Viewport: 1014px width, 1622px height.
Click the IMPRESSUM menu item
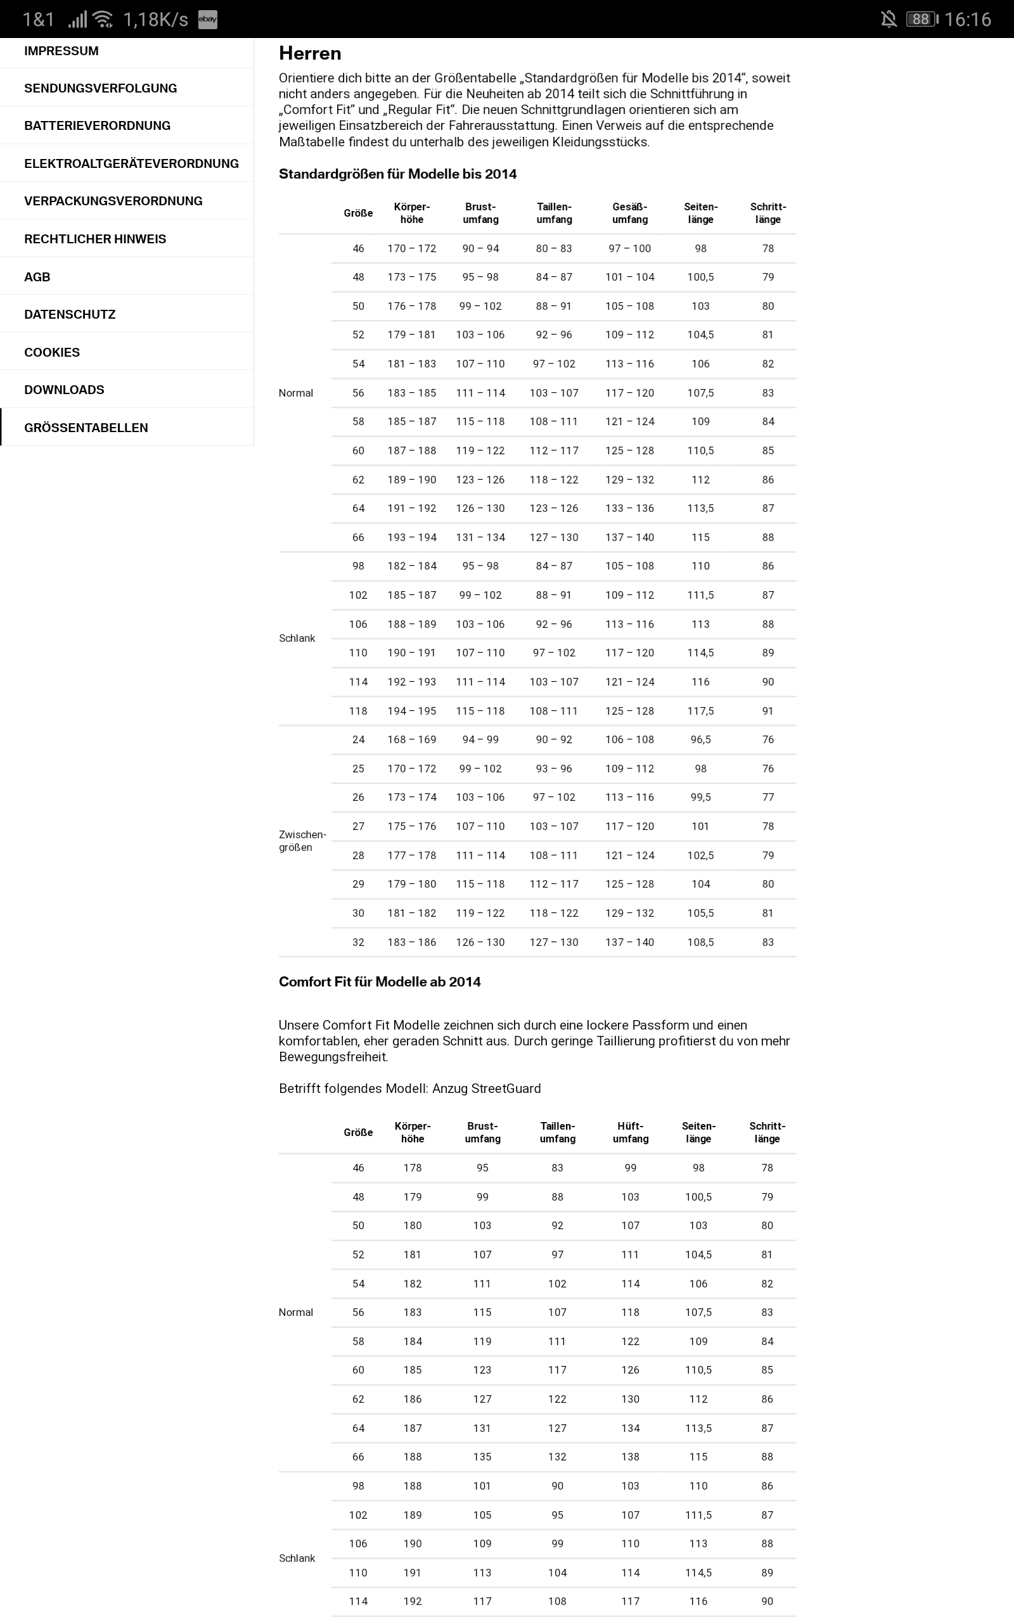tap(61, 51)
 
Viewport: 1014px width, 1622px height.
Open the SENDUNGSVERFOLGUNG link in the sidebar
tap(101, 89)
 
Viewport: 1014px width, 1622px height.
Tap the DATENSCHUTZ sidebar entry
tap(70, 314)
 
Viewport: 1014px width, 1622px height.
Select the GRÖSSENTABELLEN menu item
tap(86, 428)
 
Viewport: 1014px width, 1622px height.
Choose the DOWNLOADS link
tap(64, 390)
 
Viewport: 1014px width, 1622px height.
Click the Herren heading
tap(310, 54)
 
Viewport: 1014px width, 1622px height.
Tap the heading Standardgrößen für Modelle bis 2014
tap(398, 174)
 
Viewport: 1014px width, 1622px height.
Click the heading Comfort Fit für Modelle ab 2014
tap(380, 982)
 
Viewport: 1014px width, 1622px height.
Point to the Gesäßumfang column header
tap(630, 213)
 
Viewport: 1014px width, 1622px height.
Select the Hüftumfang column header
tap(631, 1133)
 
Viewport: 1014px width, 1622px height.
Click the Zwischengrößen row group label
tap(302, 841)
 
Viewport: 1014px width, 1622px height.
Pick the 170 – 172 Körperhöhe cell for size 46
tap(412, 248)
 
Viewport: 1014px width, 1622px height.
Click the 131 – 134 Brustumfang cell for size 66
tap(480, 537)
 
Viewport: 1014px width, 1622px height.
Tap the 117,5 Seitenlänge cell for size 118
tap(700, 711)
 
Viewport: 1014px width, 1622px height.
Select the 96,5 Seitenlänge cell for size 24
tap(700, 740)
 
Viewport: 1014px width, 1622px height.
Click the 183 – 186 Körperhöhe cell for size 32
tap(412, 942)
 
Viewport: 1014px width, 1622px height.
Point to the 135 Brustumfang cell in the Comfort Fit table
tap(482, 1457)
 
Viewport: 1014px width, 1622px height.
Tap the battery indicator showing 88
tap(921, 19)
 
